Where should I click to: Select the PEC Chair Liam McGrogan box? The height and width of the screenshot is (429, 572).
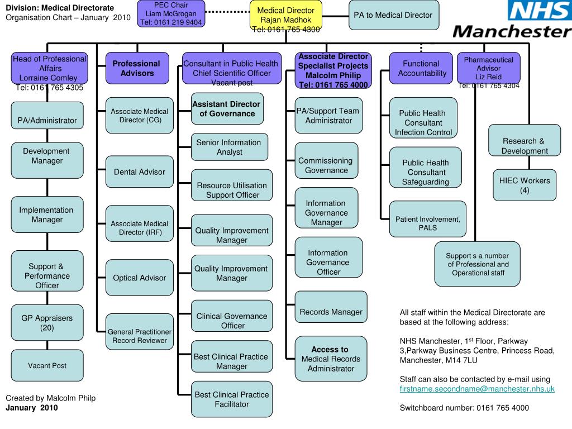pyautogui.click(x=171, y=14)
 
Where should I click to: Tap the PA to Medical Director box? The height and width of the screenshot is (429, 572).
pyautogui.click(x=393, y=16)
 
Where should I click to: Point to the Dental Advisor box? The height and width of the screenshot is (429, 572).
pyautogui.click(x=139, y=172)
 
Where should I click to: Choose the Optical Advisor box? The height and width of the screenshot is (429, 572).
pyautogui.click(x=139, y=278)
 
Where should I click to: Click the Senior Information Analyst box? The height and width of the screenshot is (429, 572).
pyautogui.click(x=228, y=147)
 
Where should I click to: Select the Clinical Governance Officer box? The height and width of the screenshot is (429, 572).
pyautogui.click(x=232, y=321)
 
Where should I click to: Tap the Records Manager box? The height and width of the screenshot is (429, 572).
pyautogui.click(x=331, y=312)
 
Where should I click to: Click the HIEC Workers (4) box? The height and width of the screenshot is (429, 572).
pyautogui.click(x=524, y=185)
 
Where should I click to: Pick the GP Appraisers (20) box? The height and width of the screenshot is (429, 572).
pyautogui.click(x=47, y=323)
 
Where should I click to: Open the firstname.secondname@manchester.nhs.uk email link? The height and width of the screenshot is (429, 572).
pyautogui.click(x=477, y=389)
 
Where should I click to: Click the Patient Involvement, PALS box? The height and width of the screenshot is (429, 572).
pyautogui.click(x=427, y=223)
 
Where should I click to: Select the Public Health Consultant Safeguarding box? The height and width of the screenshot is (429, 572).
pyautogui.click(x=425, y=172)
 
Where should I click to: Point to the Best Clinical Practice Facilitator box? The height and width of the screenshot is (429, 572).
pyautogui.click(x=232, y=399)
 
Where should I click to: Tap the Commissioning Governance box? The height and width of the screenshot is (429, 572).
pyautogui.click(x=326, y=165)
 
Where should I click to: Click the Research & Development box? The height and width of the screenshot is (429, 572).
pyautogui.click(x=524, y=145)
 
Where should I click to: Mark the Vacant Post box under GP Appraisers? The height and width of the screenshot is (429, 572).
pyautogui.click(x=47, y=366)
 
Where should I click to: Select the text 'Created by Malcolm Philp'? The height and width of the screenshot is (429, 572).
pyautogui.click(x=50, y=398)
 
